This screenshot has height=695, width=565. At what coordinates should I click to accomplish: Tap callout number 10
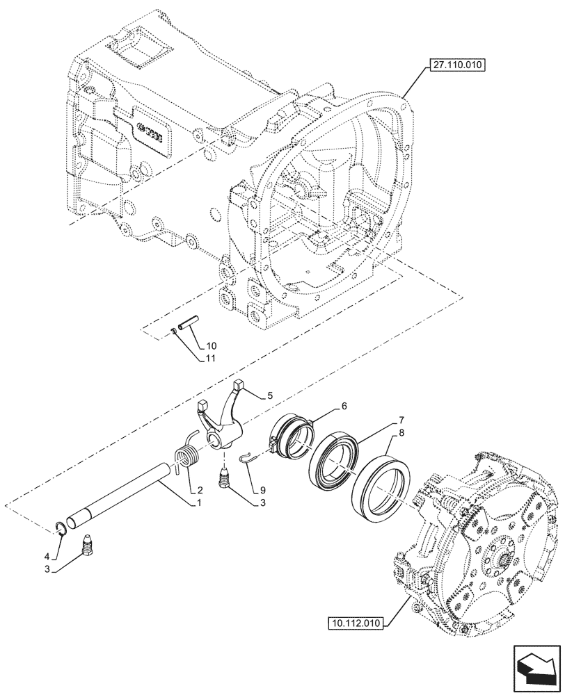(212, 345)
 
